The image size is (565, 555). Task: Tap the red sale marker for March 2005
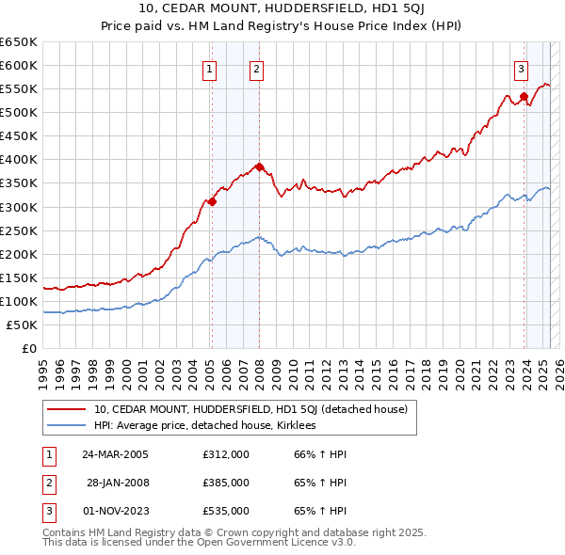212,200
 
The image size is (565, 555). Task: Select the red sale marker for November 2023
524,96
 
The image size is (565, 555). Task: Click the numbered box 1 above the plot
208,68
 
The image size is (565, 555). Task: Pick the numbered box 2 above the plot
256,68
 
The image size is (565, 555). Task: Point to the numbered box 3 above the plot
521,68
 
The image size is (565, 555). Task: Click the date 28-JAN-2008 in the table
118,483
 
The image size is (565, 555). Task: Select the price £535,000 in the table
225,511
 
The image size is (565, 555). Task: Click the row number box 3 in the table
48,511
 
